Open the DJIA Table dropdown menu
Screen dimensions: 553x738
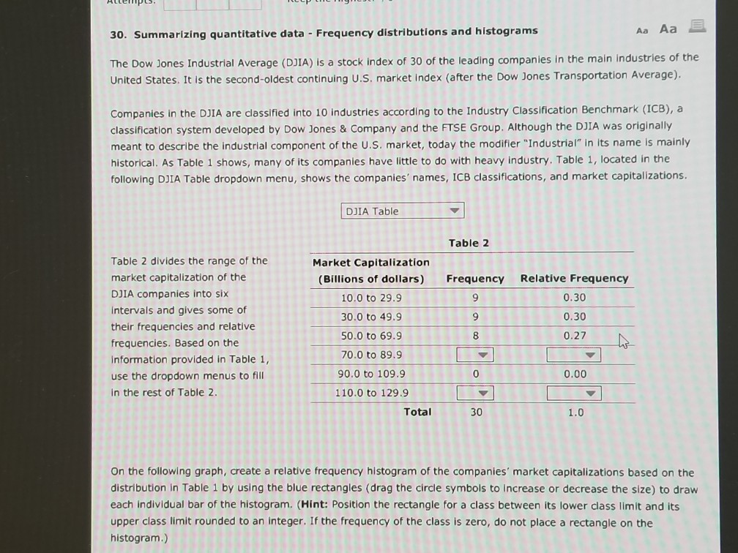click(402, 211)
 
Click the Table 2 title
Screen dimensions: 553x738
click(469, 243)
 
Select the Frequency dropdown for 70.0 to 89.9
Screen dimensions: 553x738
click(474, 355)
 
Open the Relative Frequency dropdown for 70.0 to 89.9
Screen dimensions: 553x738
click(574, 355)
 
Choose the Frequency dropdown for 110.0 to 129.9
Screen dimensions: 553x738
click(474, 394)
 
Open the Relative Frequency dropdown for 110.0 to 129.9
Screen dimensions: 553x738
click(574, 394)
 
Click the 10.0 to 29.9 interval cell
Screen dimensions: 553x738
click(371, 298)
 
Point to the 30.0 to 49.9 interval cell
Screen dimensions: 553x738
click(371, 317)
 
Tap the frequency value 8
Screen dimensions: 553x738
click(475, 336)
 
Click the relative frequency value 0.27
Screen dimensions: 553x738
click(574, 336)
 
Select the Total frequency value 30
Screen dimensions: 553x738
click(476, 413)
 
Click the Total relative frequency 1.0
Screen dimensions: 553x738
click(575, 413)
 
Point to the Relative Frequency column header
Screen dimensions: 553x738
click(574, 279)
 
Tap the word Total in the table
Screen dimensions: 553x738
click(417, 412)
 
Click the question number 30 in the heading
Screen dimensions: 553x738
click(117, 31)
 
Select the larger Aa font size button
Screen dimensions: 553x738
click(668, 29)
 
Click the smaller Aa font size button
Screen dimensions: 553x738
click(643, 29)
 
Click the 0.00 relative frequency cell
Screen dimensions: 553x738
click(574, 374)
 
